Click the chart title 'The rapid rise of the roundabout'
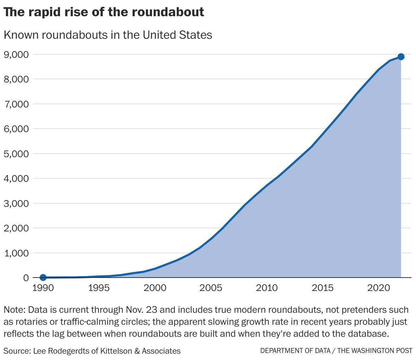(104, 12)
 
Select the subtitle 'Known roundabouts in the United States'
(108, 35)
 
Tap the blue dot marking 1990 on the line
(43, 278)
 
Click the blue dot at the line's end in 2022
(401, 57)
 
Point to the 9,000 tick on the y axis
(16, 55)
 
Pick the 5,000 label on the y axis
(16, 154)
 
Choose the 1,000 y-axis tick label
(16, 253)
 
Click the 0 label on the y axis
(26, 278)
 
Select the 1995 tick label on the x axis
(99, 288)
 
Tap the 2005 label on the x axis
(211, 288)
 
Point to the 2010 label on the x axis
(267, 288)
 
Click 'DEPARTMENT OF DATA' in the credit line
(295, 351)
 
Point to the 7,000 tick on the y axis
(16, 104)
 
